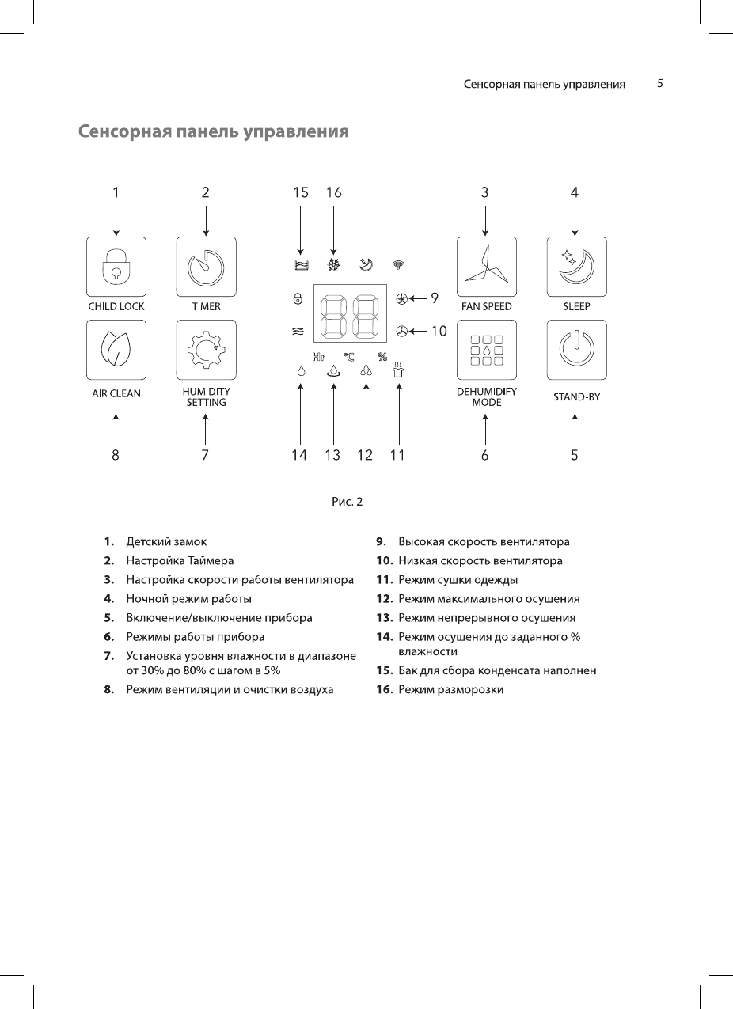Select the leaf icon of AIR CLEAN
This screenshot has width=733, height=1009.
click(x=116, y=350)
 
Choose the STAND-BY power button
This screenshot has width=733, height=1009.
click(x=576, y=350)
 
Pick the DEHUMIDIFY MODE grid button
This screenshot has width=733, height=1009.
click(x=486, y=350)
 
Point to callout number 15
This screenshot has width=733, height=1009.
click(x=300, y=192)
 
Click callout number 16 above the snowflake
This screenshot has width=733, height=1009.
click(x=333, y=192)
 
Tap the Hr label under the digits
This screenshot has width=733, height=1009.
click(x=319, y=357)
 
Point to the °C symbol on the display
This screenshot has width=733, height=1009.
click(x=349, y=357)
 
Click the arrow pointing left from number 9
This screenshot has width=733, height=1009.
click(x=418, y=298)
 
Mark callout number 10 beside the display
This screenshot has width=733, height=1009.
click(x=439, y=332)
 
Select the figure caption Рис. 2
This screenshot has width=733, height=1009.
click(x=347, y=501)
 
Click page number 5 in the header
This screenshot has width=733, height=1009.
click(x=659, y=83)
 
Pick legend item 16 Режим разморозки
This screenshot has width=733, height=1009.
click(x=450, y=690)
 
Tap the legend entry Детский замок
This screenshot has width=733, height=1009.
click(x=166, y=542)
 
